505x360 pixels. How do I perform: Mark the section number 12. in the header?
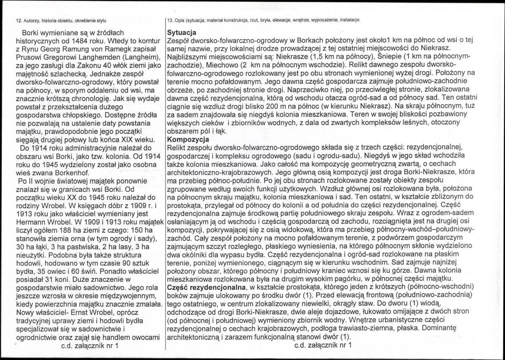pos(19,20)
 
